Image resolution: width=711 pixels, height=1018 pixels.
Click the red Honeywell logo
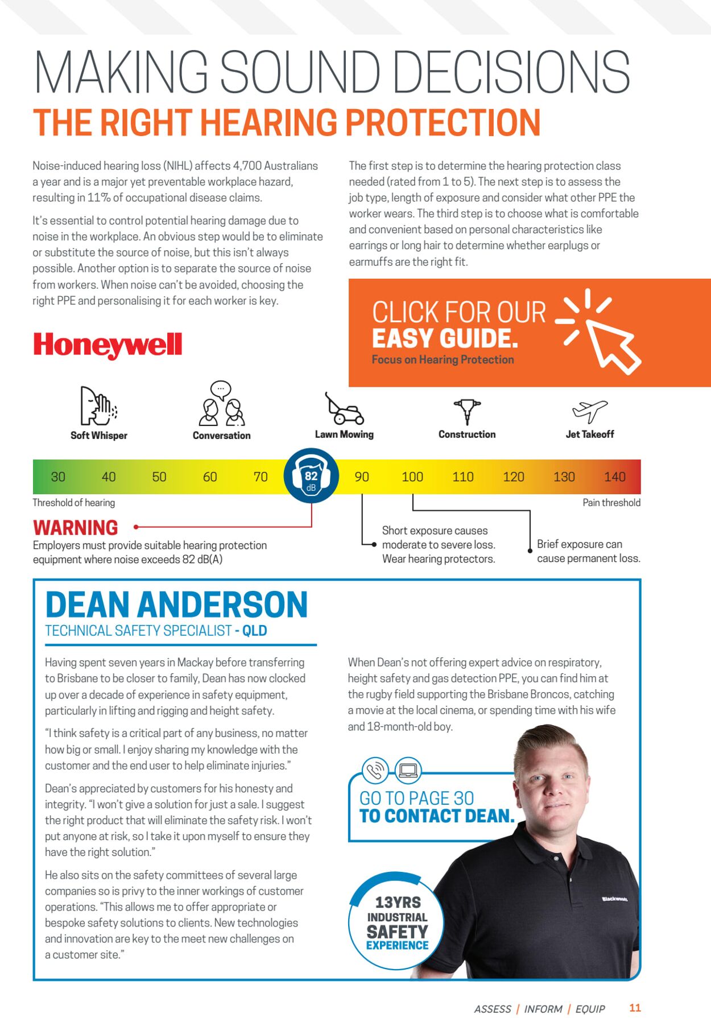(108, 345)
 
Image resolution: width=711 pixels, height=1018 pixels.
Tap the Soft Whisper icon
(98, 406)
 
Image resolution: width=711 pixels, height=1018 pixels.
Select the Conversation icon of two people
(221, 404)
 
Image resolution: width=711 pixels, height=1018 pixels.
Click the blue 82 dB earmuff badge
(311, 476)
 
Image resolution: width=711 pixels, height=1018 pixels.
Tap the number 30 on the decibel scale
(58, 477)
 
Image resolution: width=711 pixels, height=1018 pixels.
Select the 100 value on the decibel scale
(412, 477)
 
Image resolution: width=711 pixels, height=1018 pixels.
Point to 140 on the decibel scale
(614, 477)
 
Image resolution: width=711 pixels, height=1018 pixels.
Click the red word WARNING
(76, 528)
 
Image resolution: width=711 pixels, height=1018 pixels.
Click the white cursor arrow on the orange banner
(612, 345)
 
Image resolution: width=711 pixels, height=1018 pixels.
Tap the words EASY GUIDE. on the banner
(445, 338)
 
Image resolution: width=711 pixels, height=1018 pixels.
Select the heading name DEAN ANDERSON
(176, 605)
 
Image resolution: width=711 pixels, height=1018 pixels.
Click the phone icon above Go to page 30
(375, 771)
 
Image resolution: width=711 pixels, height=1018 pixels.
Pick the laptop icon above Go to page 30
(408, 771)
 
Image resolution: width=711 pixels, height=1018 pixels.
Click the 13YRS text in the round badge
(398, 903)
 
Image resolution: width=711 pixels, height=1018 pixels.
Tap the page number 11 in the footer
(635, 1008)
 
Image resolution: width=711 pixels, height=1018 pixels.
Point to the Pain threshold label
(611, 503)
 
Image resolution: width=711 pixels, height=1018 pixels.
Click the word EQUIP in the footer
(590, 1009)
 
